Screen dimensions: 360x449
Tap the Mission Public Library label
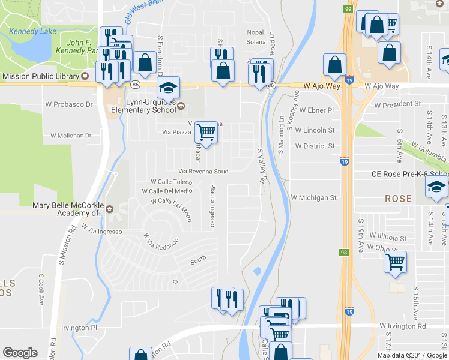coord(41,76)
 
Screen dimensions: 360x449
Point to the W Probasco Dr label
coord(70,104)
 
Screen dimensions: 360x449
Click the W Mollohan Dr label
coord(71,136)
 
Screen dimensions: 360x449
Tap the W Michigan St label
coord(314,197)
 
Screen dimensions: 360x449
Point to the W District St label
coord(315,146)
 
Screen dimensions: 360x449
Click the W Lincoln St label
coord(315,130)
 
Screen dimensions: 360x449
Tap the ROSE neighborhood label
coord(398,199)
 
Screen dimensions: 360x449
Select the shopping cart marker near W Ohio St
coord(395,262)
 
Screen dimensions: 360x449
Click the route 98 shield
coord(344,253)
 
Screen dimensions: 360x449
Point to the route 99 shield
coord(348,8)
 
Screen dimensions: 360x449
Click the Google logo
coord(20,353)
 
